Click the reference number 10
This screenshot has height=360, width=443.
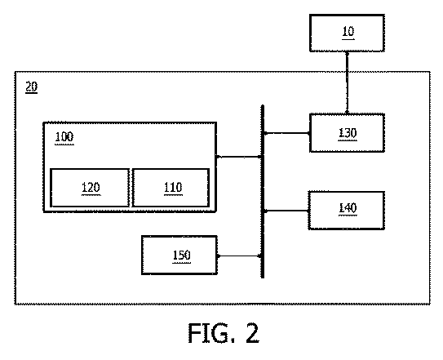(x=348, y=31)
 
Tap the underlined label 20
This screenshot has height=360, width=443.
(x=31, y=87)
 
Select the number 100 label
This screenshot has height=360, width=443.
(x=64, y=137)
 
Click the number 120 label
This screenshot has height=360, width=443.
(x=91, y=188)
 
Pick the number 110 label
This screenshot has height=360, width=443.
(x=173, y=188)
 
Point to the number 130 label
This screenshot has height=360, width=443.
(x=348, y=133)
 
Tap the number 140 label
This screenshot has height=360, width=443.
(x=348, y=208)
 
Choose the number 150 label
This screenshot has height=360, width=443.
(x=181, y=256)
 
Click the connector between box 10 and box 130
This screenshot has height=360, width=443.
(x=347, y=83)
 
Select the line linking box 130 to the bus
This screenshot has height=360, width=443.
(x=286, y=133)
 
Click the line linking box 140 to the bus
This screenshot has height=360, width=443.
(x=286, y=211)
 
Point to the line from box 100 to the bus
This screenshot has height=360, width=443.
(x=239, y=157)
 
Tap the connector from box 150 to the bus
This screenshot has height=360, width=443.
(x=240, y=256)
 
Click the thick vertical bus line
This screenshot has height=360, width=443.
(x=263, y=192)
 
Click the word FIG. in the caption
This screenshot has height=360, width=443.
(x=212, y=333)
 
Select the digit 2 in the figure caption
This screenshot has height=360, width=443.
(x=252, y=333)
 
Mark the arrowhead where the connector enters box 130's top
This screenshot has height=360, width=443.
(x=347, y=113)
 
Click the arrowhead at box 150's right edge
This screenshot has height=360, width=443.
(x=219, y=256)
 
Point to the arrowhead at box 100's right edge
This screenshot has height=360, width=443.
(x=219, y=157)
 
